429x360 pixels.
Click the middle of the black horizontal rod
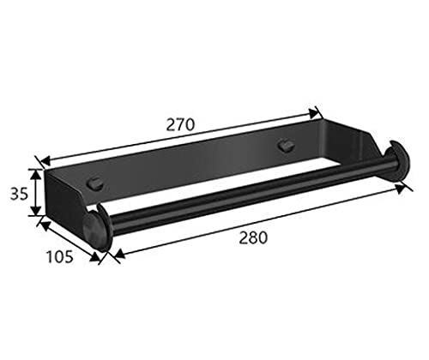pos(245,198)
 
